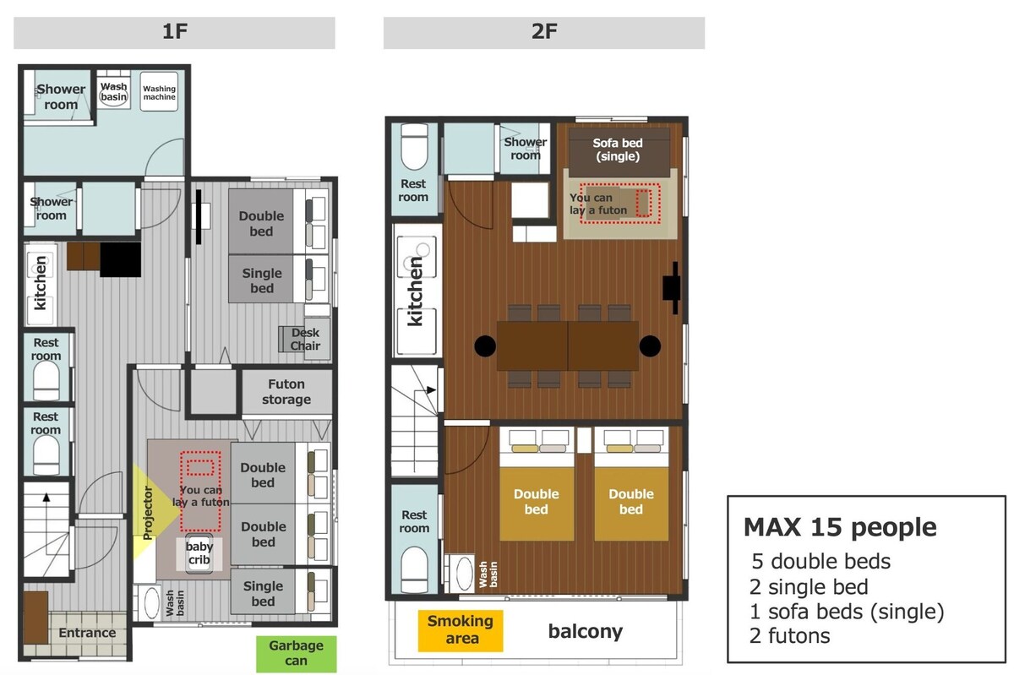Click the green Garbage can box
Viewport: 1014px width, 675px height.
(296, 653)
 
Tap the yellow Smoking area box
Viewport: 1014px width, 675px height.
(461, 630)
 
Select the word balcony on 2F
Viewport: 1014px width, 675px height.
(586, 632)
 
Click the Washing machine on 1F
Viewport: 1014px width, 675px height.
(159, 92)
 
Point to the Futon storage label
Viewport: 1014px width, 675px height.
(286, 392)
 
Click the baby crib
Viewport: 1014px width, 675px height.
(199, 554)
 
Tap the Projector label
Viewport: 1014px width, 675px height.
(148, 513)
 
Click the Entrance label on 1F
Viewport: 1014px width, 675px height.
(87, 633)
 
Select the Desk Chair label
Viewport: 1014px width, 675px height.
(305, 339)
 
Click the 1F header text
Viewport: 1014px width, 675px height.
(175, 31)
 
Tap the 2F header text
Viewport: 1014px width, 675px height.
(544, 31)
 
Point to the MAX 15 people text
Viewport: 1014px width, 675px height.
(840, 527)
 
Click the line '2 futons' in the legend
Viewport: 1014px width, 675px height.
(789, 635)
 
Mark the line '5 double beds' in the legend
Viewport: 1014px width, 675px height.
(820, 561)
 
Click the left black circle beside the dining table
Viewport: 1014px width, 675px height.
(485, 346)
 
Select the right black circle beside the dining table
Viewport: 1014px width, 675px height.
(650, 346)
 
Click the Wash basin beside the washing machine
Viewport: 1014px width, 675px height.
(113, 92)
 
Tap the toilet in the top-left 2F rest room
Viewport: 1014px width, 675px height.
(414, 147)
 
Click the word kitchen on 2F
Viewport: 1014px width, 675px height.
(415, 291)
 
